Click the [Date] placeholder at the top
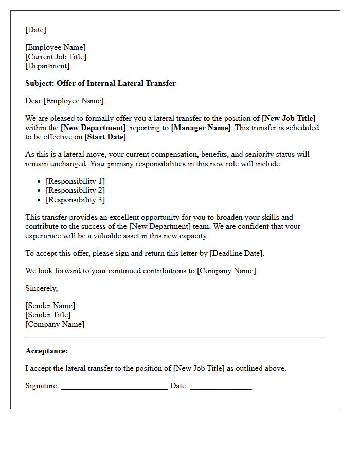click(x=35, y=30)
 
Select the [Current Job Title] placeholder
click(x=56, y=57)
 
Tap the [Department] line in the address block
click(x=47, y=66)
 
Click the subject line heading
click(x=100, y=83)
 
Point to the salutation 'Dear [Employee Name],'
click(x=65, y=101)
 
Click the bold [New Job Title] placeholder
click(x=289, y=118)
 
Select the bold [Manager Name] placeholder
click(x=201, y=128)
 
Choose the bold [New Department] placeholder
click(x=93, y=128)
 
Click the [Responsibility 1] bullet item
click(x=75, y=181)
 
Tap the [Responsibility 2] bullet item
click(x=75, y=190)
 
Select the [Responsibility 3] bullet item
click(x=75, y=200)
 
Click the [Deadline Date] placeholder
click(x=237, y=253)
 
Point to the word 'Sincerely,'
click(x=41, y=288)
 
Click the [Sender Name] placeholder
click(x=50, y=306)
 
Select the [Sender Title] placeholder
click(x=48, y=315)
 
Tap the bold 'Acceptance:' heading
click(x=46, y=351)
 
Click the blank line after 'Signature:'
click(x=114, y=387)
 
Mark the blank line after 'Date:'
click(x=221, y=387)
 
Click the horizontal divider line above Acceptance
click(x=175, y=337)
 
